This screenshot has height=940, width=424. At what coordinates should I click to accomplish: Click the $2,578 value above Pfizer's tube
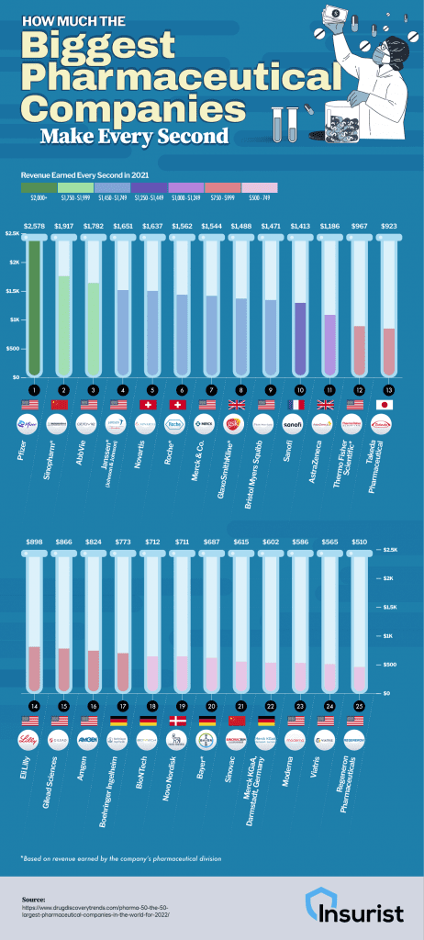click(x=34, y=223)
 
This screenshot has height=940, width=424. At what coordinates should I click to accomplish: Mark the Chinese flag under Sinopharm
click(x=63, y=406)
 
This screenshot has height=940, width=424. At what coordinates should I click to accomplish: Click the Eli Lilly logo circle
click(x=34, y=741)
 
